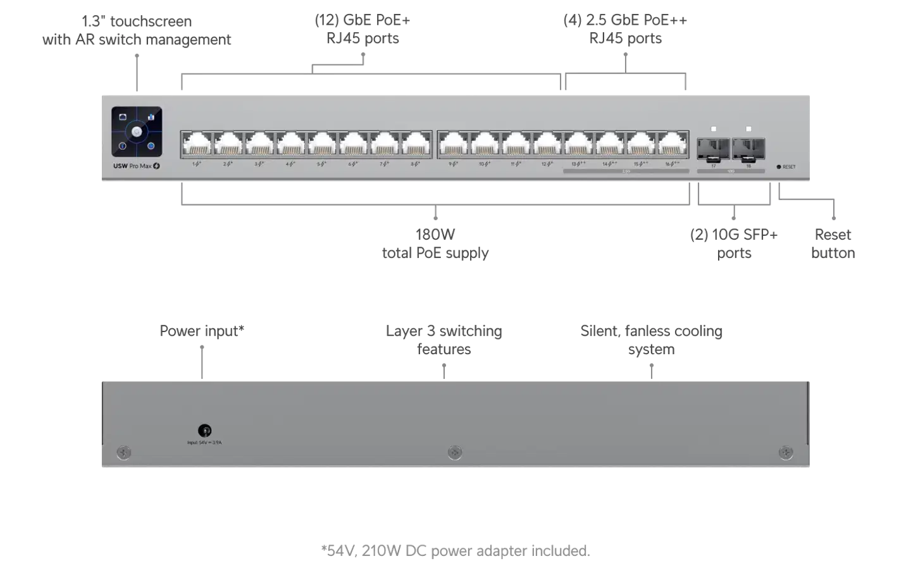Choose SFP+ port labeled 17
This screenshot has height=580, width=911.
[714, 149]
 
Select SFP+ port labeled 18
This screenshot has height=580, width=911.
[748, 149]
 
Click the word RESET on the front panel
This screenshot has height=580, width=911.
[789, 167]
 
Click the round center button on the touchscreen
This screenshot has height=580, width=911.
[137, 132]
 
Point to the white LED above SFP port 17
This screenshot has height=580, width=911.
[714, 129]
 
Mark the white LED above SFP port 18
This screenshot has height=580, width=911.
[748, 129]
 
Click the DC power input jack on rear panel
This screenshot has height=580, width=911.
[204, 431]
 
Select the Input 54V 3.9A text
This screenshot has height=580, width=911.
[204, 443]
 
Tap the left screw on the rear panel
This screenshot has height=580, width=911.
[124, 452]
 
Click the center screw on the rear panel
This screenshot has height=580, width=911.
[454, 452]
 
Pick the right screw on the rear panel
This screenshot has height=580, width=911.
[786, 452]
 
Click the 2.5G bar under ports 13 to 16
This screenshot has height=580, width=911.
[626, 171]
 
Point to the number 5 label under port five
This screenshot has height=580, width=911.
[319, 164]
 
